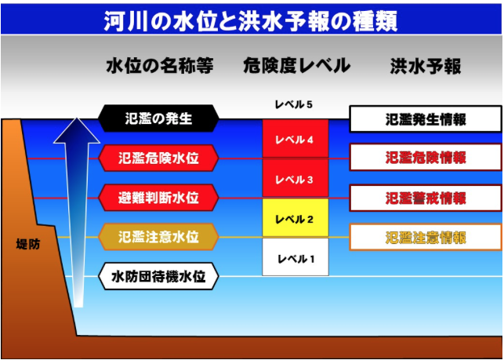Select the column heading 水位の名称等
160,67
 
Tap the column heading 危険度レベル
297,66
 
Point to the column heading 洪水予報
426,67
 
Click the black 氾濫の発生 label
159,118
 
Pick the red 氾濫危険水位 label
159,158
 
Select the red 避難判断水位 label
159,198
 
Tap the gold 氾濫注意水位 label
159,237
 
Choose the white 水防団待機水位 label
159,276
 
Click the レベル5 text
293,104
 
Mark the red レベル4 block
296,139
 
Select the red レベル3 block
296,177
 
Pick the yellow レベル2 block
296,217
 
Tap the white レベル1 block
296,257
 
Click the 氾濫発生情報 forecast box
426,119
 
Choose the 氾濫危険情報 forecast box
426,158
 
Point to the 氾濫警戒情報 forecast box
426,198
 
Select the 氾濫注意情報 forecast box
426,238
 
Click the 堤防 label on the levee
28,245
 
